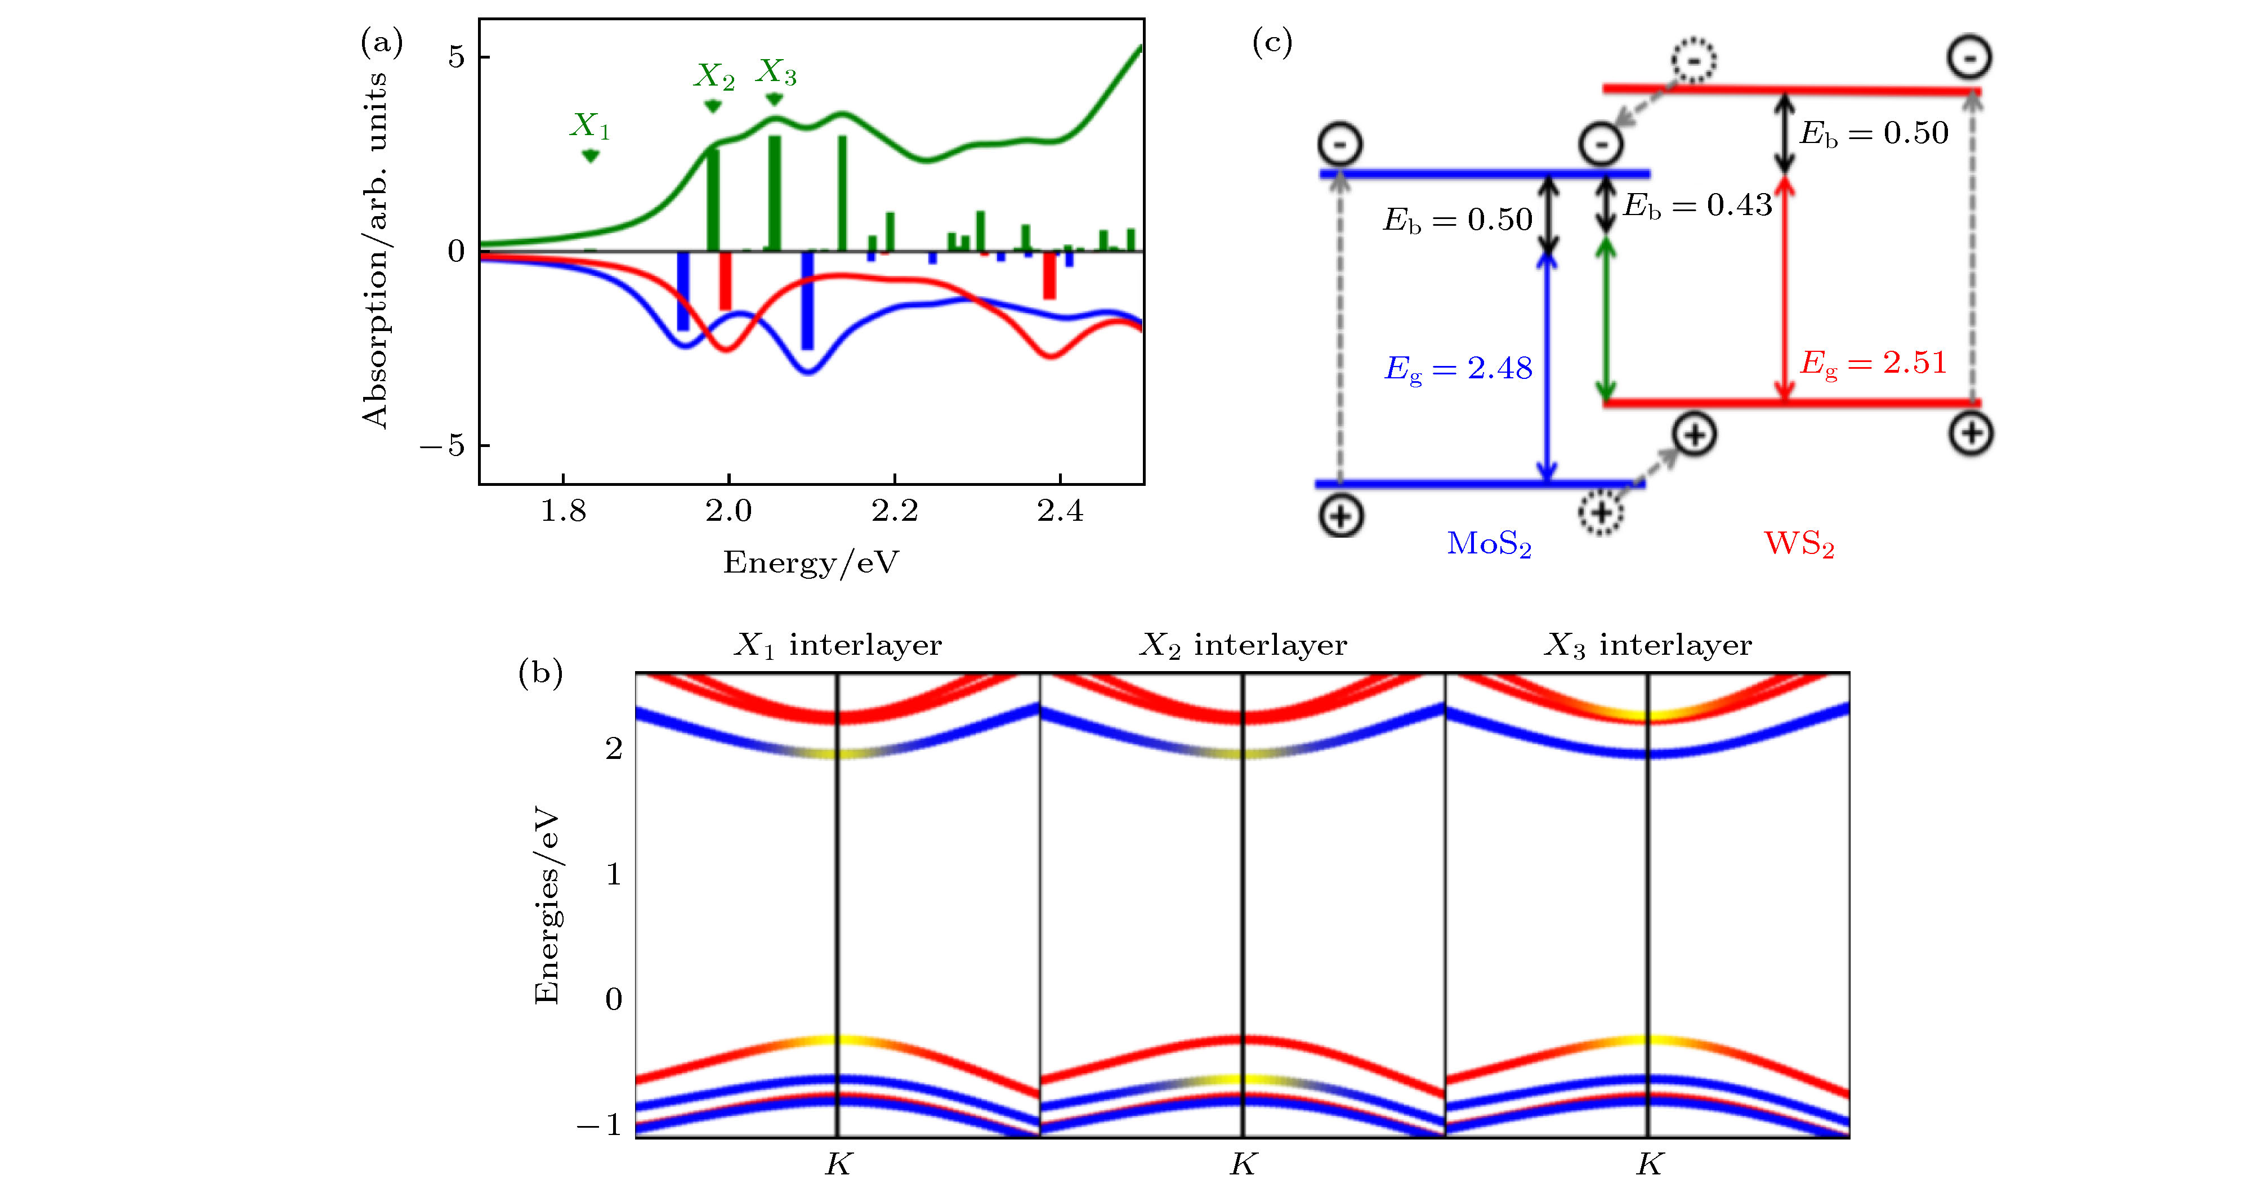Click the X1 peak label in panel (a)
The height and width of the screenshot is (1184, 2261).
pos(590,126)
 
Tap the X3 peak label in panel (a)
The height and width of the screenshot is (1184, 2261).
pos(777,72)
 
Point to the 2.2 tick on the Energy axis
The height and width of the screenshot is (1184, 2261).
pos(895,510)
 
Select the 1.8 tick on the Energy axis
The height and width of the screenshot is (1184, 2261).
pos(562,510)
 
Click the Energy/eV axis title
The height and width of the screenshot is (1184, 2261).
pos(811,562)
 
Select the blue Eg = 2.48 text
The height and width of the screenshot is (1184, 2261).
pos(1458,369)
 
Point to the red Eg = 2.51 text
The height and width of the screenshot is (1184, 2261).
pos(1873,363)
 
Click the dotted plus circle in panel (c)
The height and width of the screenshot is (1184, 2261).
pos(1602,512)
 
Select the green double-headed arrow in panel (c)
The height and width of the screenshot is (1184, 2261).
pos(1605,319)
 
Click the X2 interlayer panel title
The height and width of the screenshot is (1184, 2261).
pos(1243,645)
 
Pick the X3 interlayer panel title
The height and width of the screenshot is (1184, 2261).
pos(1648,645)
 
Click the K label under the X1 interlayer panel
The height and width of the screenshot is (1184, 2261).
pos(838,1164)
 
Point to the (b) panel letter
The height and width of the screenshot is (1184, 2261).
pos(540,673)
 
